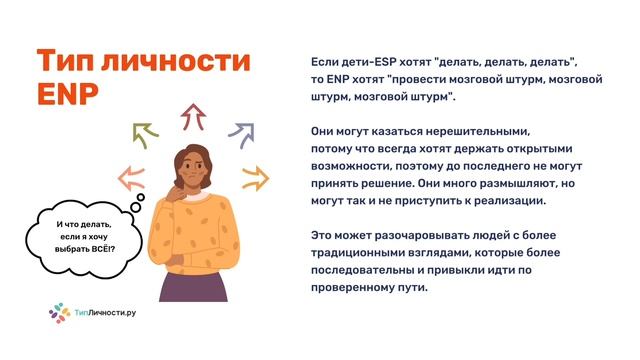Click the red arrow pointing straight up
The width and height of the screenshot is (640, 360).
click(x=192, y=117)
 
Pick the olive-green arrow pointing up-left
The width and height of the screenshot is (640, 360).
click(x=145, y=133)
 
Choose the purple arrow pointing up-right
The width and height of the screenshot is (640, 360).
click(x=240, y=131)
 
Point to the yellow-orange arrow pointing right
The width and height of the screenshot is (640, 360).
click(x=255, y=179)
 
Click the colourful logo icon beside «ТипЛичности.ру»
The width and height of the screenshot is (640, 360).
click(x=59, y=313)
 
